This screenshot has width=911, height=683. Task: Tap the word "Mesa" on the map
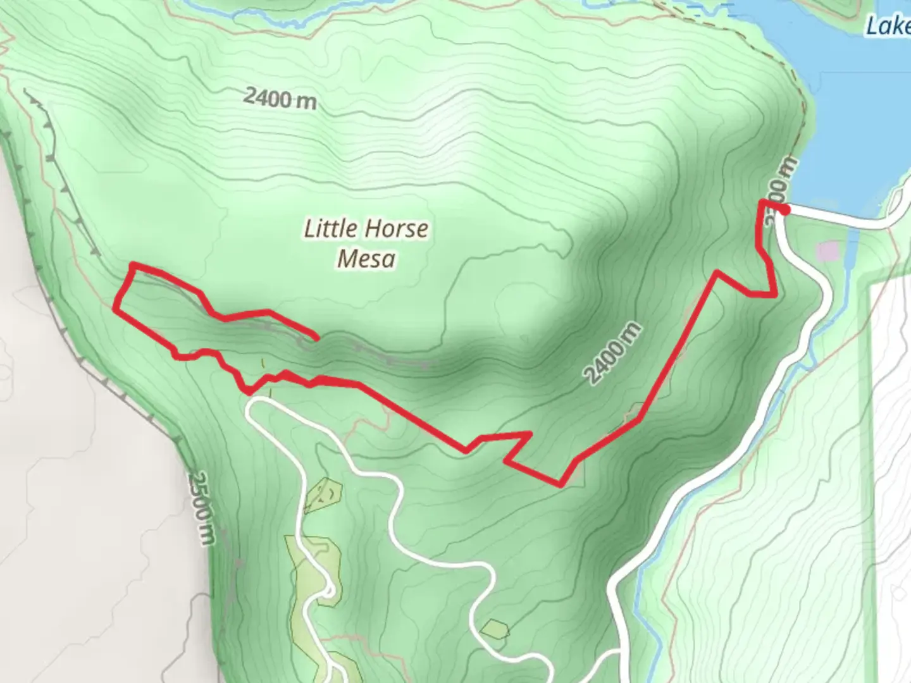[x=366, y=259]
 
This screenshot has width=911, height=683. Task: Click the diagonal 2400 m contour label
[x=612, y=354]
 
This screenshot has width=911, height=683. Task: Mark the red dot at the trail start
[x=783, y=209]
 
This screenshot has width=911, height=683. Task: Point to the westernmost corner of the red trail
[x=115, y=308]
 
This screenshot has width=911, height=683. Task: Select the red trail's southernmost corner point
[x=560, y=485]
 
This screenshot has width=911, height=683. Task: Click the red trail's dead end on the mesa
[x=316, y=337]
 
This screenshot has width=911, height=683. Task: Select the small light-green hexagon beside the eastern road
[x=495, y=629]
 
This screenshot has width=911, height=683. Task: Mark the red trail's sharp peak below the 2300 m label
[x=717, y=273]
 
